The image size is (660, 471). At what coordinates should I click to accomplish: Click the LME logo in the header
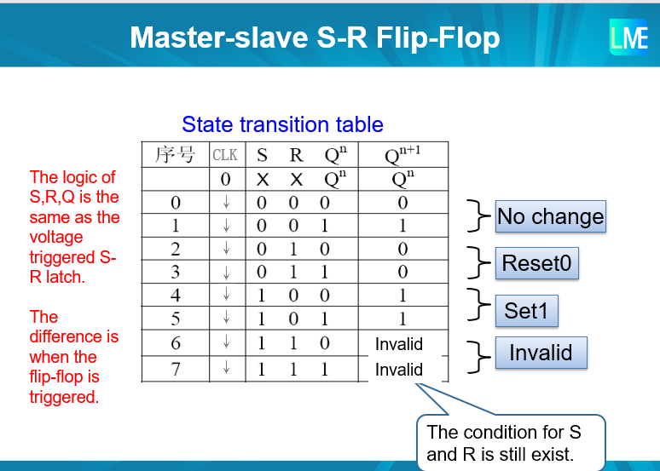coord(628,37)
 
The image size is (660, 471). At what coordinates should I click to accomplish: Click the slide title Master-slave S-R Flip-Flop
coord(315,37)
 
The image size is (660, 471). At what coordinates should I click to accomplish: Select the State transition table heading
coord(282,124)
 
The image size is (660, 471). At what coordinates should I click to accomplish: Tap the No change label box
coord(550,217)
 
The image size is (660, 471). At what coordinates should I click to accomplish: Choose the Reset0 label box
coord(536,263)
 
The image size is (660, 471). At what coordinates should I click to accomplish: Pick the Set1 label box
coord(526,310)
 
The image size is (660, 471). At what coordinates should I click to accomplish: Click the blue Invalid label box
coord(541,353)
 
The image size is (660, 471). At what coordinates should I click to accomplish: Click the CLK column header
coord(225,155)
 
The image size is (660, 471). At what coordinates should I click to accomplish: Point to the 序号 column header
coord(175,155)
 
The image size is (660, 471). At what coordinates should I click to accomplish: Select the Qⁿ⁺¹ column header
coord(402,155)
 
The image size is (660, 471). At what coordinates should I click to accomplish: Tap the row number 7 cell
coord(175,369)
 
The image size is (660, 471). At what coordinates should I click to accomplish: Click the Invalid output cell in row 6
coord(399,344)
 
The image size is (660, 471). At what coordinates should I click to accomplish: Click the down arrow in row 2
coord(226,250)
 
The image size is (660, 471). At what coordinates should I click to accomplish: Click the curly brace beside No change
coord(476,216)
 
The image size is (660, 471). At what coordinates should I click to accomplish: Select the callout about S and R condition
coord(510,443)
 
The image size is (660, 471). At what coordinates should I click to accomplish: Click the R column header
coord(296,155)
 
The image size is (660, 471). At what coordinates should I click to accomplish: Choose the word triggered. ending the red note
coord(64,396)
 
